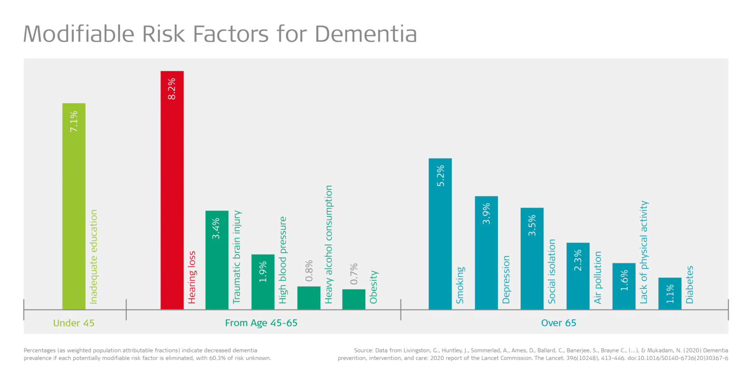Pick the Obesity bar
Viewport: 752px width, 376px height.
[x=353, y=299]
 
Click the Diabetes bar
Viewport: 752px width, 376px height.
[x=670, y=293]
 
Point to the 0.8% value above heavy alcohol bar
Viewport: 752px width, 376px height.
[x=309, y=271]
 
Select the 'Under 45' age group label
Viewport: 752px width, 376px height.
[x=73, y=323]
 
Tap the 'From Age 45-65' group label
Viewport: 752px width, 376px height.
[x=261, y=323]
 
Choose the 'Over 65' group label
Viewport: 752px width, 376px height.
[x=559, y=323]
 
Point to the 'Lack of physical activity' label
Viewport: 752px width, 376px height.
[x=644, y=252]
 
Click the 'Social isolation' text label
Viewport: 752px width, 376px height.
[x=552, y=271]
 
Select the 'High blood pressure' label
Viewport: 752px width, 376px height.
[x=282, y=260]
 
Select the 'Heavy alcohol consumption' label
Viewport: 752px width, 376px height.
[x=329, y=244]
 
